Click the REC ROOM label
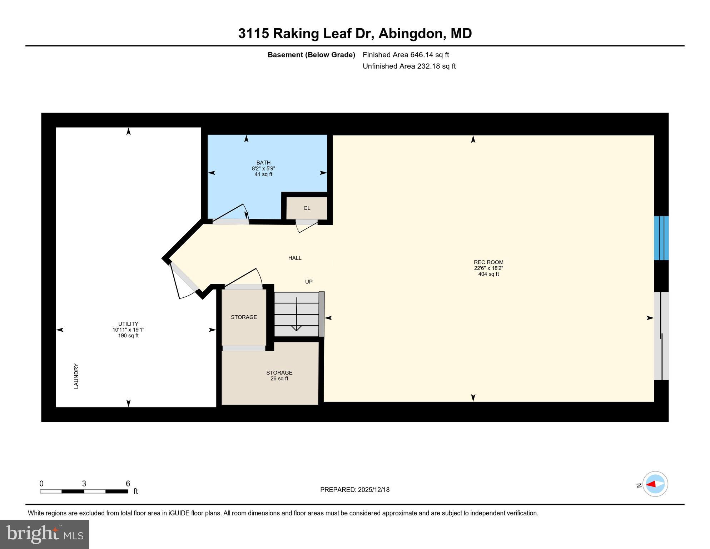(488, 262)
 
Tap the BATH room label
(263, 163)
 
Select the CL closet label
(307, 208)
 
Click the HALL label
(295, 258)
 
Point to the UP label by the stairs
(309, 282)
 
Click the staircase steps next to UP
(297, 314)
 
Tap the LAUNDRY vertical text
(76, 376)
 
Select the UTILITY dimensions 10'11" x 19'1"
(128, 330)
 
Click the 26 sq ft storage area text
(279, 379)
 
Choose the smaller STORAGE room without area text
(244, 317)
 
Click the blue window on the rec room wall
(661, 238)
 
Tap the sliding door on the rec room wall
(661, 336)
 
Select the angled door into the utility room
(184, 280)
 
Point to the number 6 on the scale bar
(128, 484)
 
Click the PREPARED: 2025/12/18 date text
(354, 490)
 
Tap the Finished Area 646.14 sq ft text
(406, 55)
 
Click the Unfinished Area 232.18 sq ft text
(409, 66)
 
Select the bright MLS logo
(45, 534)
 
